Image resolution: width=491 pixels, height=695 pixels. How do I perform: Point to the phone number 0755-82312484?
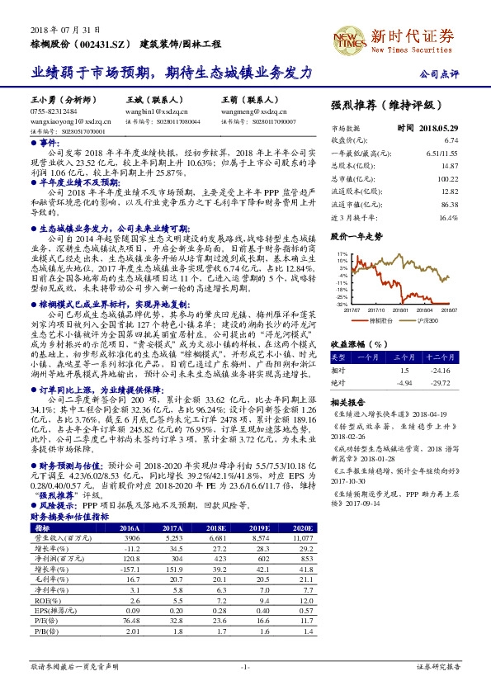pos(54,110)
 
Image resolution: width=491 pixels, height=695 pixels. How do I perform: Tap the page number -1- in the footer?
pos(245,666)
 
